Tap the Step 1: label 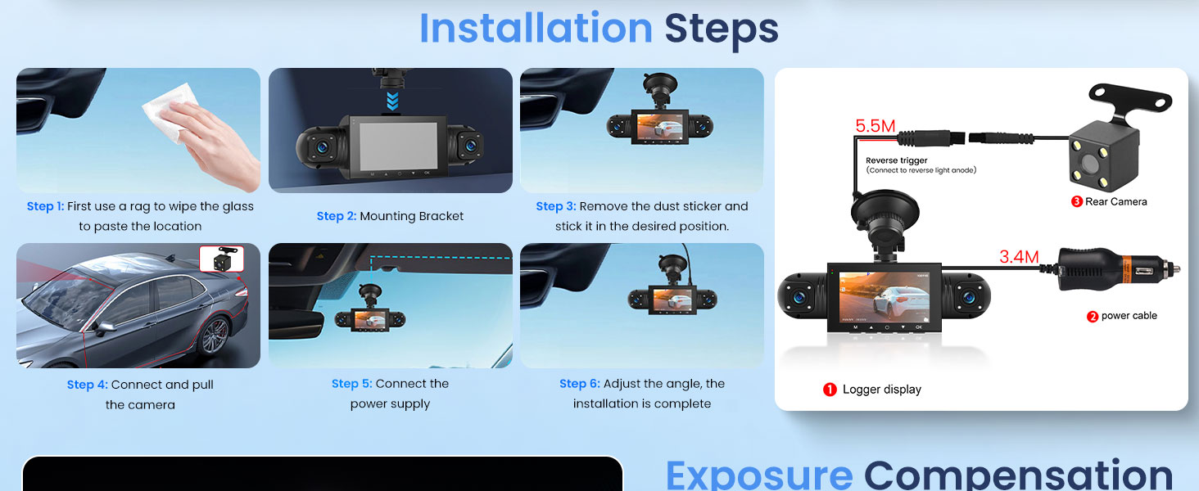(45, 206)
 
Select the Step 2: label (336, 216)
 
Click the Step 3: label (555, 206)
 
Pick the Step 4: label (87, 385)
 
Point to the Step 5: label (351, 384)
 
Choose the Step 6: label (579, 384)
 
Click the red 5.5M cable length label (875, 126)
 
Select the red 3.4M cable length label (1018, 257)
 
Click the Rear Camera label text (1115, 201)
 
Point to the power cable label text (1129, 316)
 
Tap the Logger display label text (881, 390)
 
